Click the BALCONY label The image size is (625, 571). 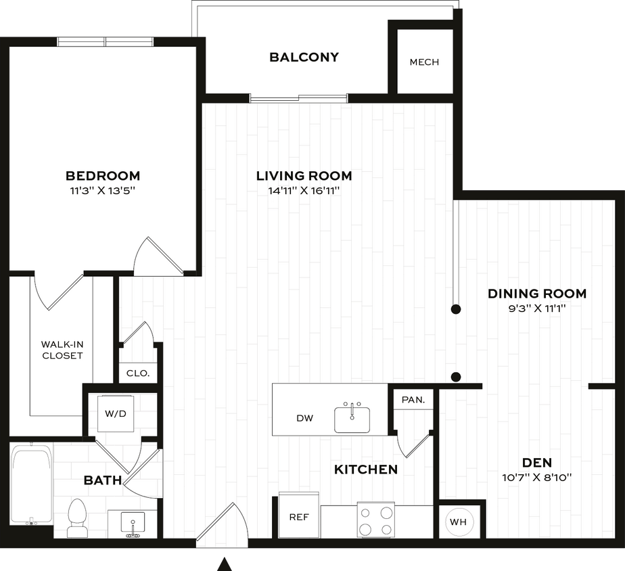tap(304, 58)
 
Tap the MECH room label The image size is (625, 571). tap(424, 62)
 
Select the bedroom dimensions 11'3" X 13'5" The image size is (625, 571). tap(103, 191)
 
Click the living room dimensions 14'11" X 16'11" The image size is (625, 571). tap(304, 191)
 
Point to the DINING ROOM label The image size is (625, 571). tap(537, 294)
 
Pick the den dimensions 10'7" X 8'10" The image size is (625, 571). tap(537, 478)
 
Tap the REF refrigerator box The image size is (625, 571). tap(298, 518)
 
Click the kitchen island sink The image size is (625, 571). tap(352, 417)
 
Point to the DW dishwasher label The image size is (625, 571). tap(304, 418)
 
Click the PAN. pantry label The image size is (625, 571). tap(413, 400)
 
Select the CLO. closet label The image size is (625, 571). tap(138, 373)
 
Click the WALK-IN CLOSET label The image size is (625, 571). tap(62, 350)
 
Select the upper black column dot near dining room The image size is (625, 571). tap(457, 309)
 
